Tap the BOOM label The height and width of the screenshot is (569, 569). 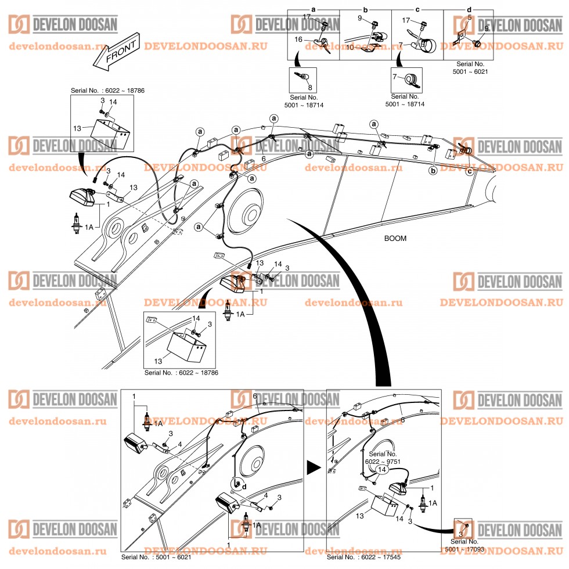tap(395, 239)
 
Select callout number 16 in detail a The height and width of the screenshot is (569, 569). tap(299, 39)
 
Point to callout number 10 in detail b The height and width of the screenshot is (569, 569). tap(350, 47)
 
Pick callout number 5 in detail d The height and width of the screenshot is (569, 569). tap(469, 17)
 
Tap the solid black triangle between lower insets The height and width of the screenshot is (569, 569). tap(314, 466)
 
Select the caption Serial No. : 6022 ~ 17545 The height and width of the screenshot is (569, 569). tap(364, 557)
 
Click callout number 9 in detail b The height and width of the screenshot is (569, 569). tap(359, 19)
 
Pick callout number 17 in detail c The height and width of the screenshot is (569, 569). tap(406, 20)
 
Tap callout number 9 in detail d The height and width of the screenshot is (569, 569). tap(487, 28)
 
